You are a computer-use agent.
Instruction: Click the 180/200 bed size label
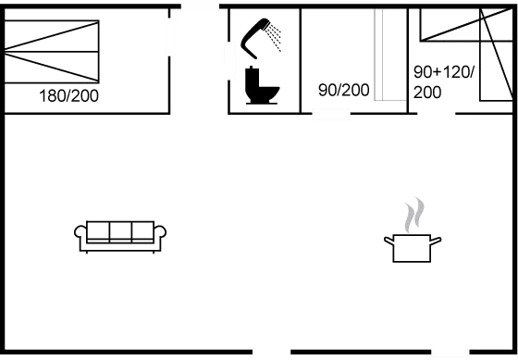tap(69, 96)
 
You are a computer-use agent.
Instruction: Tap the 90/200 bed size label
tap(344, 90)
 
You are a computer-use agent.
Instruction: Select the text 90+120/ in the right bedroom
tap(445, 72)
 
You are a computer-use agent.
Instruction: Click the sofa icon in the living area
tap(119, 236)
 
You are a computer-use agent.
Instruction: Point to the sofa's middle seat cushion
tap(119, 230)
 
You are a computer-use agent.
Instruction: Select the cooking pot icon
tap(413, 244)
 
